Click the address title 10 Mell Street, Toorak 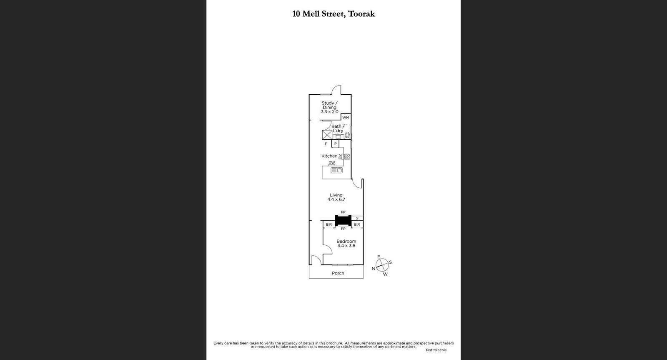click(333, 14)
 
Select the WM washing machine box click(346, 118)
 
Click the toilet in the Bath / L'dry click(347, 135)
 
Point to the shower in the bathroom click(326, 135)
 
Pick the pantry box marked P click(335, 143)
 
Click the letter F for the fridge click(326, 143)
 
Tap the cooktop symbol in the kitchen click(347, 157)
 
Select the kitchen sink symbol click(336, 170)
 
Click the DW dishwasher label click(332, 163)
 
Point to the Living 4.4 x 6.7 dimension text click(336, 200)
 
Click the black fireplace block click(343, 220)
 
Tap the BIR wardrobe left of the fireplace click(328, 225)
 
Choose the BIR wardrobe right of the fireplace click(357, 225)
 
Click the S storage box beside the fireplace click(357, 218)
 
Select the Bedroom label click(346, 242)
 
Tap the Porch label click(338, 273)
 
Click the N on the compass click(374, 269)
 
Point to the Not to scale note click(436, 350)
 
